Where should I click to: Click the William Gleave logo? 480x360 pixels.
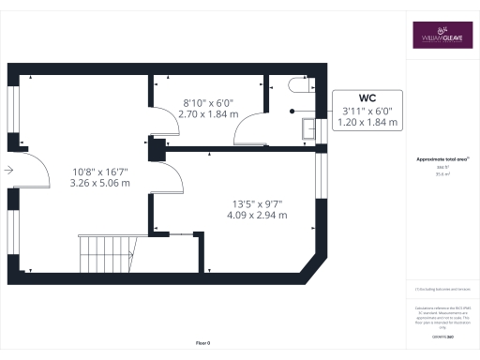click(x=441, y=36)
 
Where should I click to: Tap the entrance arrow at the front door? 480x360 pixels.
click(x=7, y=171)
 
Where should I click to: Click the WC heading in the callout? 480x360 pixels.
click(x=367, y=97)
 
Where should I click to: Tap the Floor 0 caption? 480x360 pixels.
click(x=203, y=344)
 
